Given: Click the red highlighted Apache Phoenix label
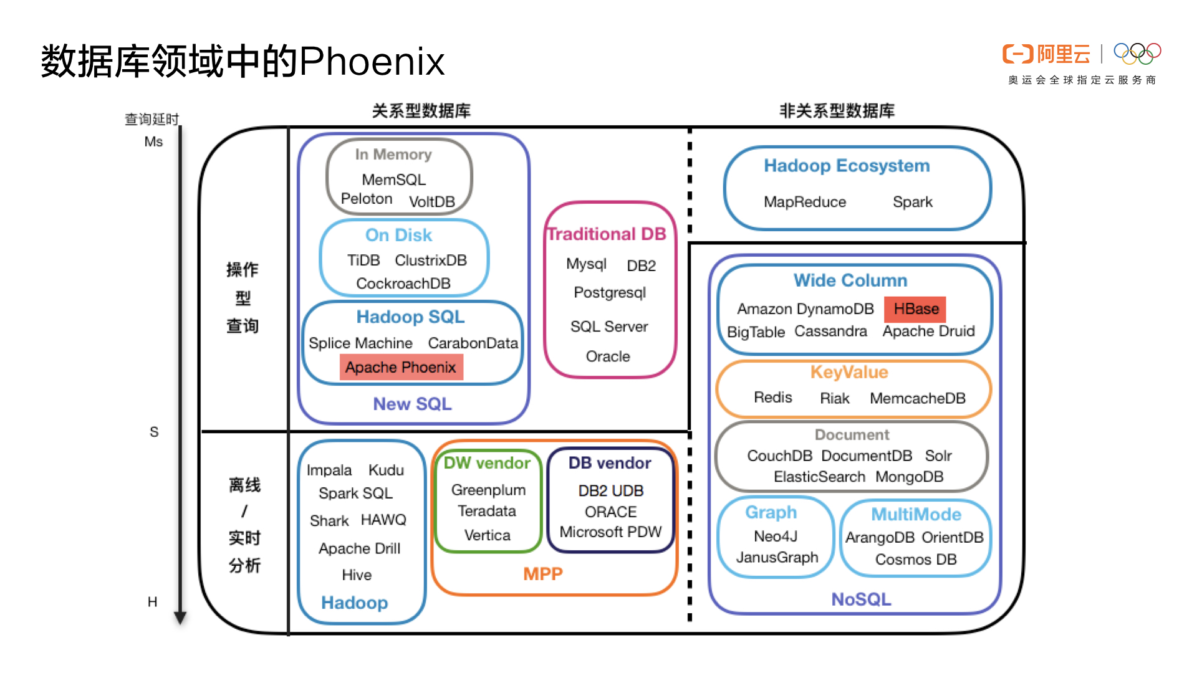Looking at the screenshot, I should click(x=401, y=368).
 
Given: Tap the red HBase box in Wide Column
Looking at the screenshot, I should click(x=915, y=309).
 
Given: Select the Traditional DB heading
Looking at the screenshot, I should click(x=607, y=234).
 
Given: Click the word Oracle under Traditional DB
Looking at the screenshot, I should click(x=608, y=356).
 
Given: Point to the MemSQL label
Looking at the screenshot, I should click(x=393, y=180).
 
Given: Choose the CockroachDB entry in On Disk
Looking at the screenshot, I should click(x=403, y=284).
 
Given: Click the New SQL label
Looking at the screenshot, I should click(x=412, y=404).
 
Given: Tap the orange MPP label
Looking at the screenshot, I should click(x=542, y=574).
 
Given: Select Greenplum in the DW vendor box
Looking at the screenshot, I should click(x=488, y=490).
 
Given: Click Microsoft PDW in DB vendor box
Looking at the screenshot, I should click(x=610, y=532).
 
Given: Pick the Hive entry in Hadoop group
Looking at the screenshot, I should click(x=357, y=575).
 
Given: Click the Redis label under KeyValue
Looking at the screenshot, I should click(x=772, y=398).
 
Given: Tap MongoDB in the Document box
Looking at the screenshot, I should click(x=909, y=477).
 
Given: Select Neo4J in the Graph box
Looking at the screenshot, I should click(x=775, y=537).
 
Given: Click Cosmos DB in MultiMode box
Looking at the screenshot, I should click(x=915, y=560).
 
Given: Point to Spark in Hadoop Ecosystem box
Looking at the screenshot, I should click(x=912, y=202).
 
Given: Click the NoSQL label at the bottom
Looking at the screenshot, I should click(x=861, y=599).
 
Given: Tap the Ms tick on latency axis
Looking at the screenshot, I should click(x=153, y=142).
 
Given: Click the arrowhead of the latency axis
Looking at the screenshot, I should click(x=180, y=618).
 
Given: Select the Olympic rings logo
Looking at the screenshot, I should click(x=1137, y=54).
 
